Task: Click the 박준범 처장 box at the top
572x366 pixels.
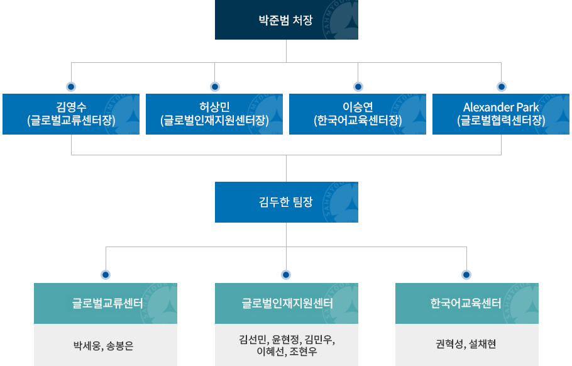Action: (x=286, y=20)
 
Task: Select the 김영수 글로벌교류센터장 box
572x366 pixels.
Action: (x=71, y=114)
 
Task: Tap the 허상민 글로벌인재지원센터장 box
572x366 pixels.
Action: (x=214, y=114)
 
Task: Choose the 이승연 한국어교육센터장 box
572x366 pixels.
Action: (x=358, y=114)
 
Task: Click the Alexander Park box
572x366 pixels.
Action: (x=501, y=114)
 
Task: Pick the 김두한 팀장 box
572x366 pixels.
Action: (x=286, y=202)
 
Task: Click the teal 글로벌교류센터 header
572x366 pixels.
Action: (x=106, y=303)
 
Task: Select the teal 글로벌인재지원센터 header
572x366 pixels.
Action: (x=286, y=303)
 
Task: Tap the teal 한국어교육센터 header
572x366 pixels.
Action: (x=466, y=303)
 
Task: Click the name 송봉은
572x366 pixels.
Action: (x=120, y=345)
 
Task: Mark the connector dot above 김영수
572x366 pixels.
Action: (x=71, y=86)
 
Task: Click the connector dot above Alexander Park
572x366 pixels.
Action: (x=501, y=86)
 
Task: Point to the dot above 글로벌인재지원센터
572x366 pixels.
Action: (x=286, y=275)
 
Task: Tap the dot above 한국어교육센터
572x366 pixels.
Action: (x=466, y=275)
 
